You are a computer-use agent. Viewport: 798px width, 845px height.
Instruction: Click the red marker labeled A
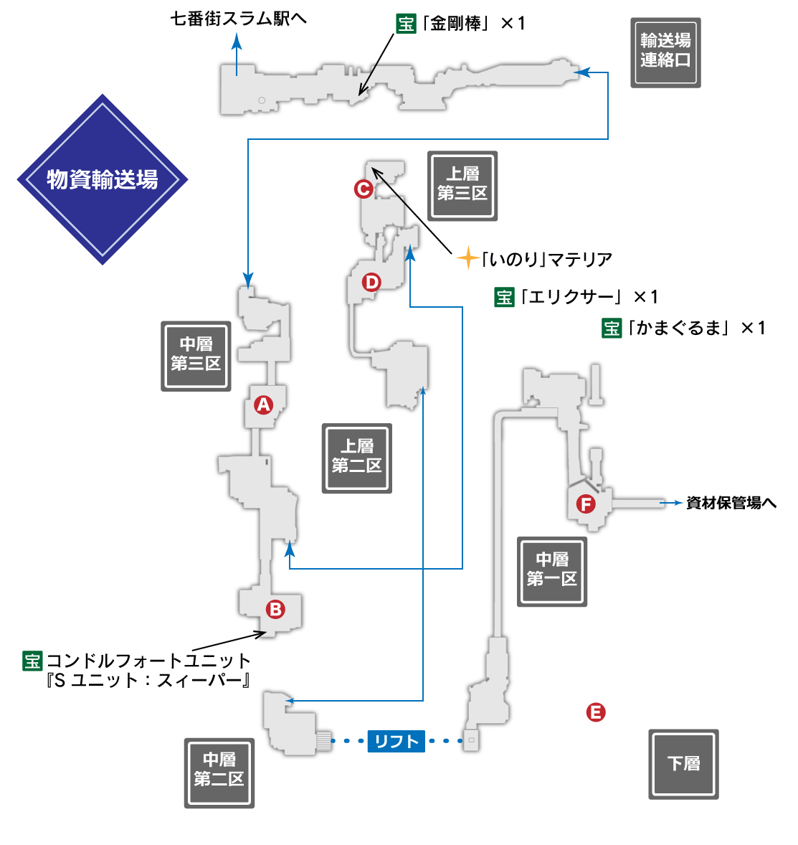[x=263, y=405]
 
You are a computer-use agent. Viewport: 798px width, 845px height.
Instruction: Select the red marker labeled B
[x=275, y=610]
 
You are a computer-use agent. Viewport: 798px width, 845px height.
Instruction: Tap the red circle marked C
[x=364, y=189]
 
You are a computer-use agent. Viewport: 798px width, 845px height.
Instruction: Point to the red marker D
[x=371, y=282]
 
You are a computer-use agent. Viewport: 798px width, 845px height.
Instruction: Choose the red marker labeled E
[x=596, y=712]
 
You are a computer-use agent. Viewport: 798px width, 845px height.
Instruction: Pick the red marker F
[x=586, y=504]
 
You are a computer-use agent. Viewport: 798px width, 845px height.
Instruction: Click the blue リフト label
[x=396, y=741]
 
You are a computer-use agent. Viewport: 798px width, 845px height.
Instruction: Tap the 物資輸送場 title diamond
[x=103, y=179]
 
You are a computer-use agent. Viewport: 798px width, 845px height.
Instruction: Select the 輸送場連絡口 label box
[x=665, y=52]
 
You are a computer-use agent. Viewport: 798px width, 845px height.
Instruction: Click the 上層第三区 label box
[x=462, y=186]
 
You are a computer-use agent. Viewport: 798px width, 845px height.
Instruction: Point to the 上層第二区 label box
[x=356, y=458]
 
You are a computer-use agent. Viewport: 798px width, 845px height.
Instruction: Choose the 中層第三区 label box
[x=196, y=356]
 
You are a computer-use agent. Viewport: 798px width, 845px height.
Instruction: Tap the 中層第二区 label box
[x=219, y=773]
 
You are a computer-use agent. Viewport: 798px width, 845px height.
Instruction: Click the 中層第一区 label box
[x=552, y=571]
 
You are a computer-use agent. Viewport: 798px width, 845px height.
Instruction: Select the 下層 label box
[x=683, y=764]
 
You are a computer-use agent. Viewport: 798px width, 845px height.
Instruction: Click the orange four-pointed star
[x=468, y=258]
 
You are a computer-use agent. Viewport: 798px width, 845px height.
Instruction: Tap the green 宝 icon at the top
[x=406, y=24]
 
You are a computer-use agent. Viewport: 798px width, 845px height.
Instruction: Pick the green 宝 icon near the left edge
[x=32, y=661]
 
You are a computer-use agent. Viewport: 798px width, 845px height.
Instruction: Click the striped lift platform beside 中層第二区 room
[x=324, y=741]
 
